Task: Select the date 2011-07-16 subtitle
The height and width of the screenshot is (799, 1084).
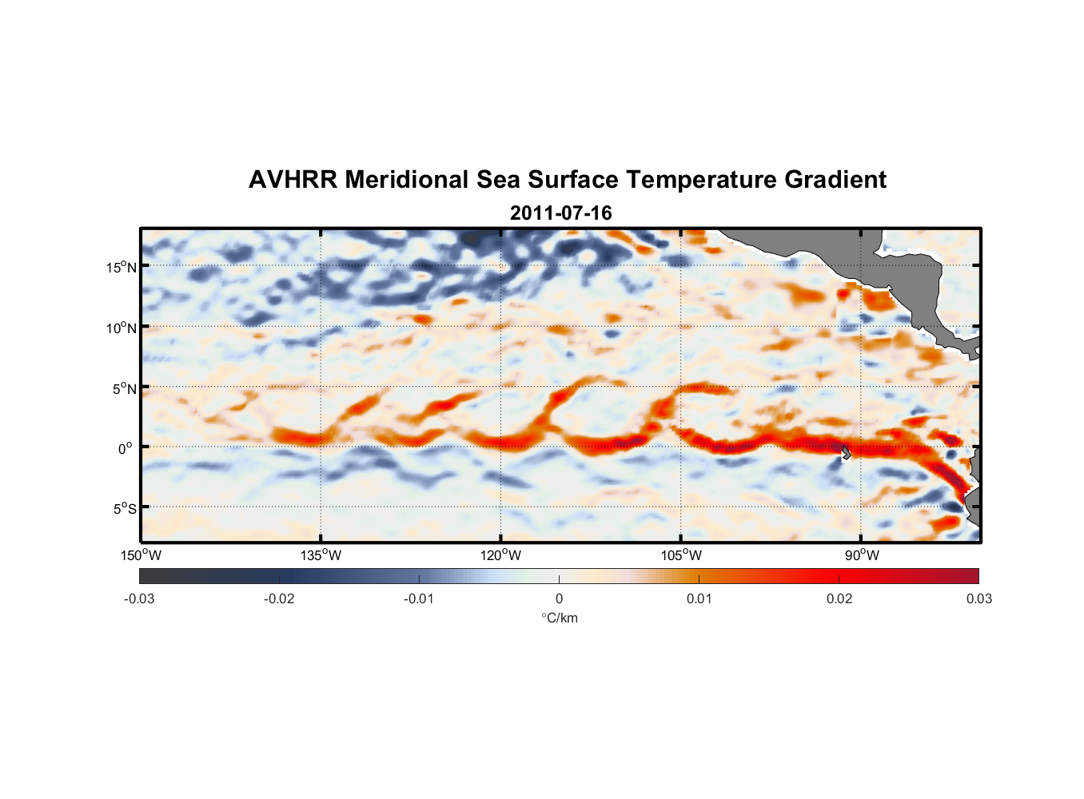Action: (x=560, y=213)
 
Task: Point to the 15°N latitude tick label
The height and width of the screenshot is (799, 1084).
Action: (x=122, y=267)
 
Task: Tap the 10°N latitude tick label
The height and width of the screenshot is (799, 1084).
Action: (x=122, y=328)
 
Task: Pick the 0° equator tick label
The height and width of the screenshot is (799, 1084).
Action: (x=126, y=449)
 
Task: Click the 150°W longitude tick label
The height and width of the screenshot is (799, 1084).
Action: (x=141, y=555)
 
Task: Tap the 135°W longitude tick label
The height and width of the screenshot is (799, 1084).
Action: (x=321, y=555)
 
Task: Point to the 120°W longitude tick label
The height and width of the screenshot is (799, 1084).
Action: (x=501, y=555)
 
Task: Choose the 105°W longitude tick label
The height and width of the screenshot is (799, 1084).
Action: (x=681, y=555)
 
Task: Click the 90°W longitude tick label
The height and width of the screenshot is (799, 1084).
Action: (x=862, y=555)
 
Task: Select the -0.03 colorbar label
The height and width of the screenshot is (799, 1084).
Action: (x=139, y=598)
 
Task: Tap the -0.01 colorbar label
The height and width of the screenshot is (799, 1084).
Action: (x=419, y=598)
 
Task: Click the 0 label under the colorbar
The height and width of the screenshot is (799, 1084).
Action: (x=559, y=598)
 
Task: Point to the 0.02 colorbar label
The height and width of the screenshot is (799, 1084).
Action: (x=839, y=598)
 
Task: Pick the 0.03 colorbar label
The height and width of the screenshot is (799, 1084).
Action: (x=978, y=598)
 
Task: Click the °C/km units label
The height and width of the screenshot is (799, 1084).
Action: (x=560, y=618)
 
